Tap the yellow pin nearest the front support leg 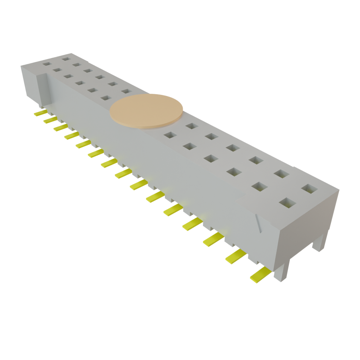tap(260, 274)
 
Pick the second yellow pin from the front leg tap(236, 257)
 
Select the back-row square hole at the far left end tap(66, 58)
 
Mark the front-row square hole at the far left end tap(47, 64)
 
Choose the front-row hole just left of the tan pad tap(105, 98)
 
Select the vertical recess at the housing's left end tap(42, 90)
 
